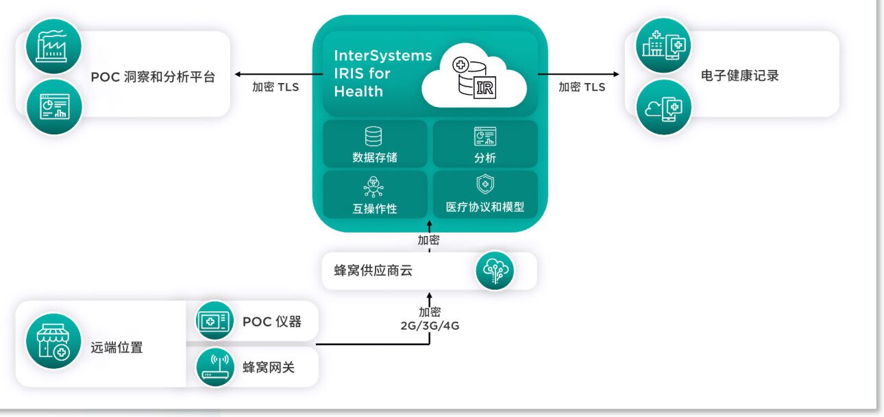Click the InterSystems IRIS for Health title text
pos(382,73)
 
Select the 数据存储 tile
pos(375,145)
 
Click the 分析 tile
pos(485,145)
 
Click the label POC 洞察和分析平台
pos(153,77)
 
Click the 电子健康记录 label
pos(740,75)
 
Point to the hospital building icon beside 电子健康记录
pos(663,47)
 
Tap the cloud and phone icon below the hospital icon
pos(663,108)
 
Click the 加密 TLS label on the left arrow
pos(275,87)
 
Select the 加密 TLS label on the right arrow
pos(582,87)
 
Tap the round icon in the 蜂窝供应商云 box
pos(495,271)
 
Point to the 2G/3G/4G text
pos(430,326)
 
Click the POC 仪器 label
pos(271,322)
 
